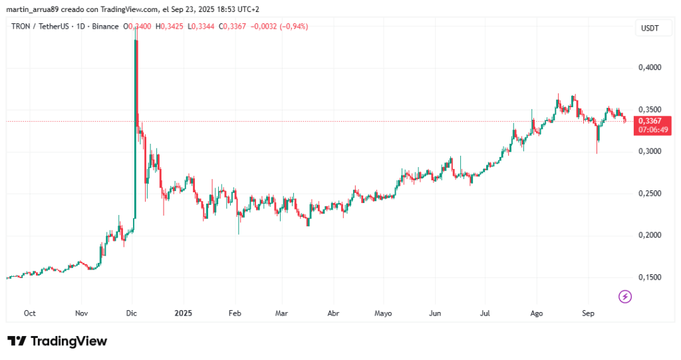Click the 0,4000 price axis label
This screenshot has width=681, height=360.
click(649, 68)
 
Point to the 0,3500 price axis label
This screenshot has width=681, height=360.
click(649, 110)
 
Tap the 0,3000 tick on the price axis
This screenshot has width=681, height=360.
click(649, 152)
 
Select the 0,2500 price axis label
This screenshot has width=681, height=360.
click(649, 194)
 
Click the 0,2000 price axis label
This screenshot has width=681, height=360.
click(649, 236)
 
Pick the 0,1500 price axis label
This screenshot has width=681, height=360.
click(649, 277)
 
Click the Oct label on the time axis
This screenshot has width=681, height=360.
click(29, 313)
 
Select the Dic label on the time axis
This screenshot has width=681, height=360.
click(132, 313)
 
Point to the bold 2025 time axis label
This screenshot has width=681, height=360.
click(182, 313)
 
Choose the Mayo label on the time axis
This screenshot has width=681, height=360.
click(384, 313)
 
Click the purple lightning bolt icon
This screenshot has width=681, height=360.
click(624, 296)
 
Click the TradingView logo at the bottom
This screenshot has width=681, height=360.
click(57, 341)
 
